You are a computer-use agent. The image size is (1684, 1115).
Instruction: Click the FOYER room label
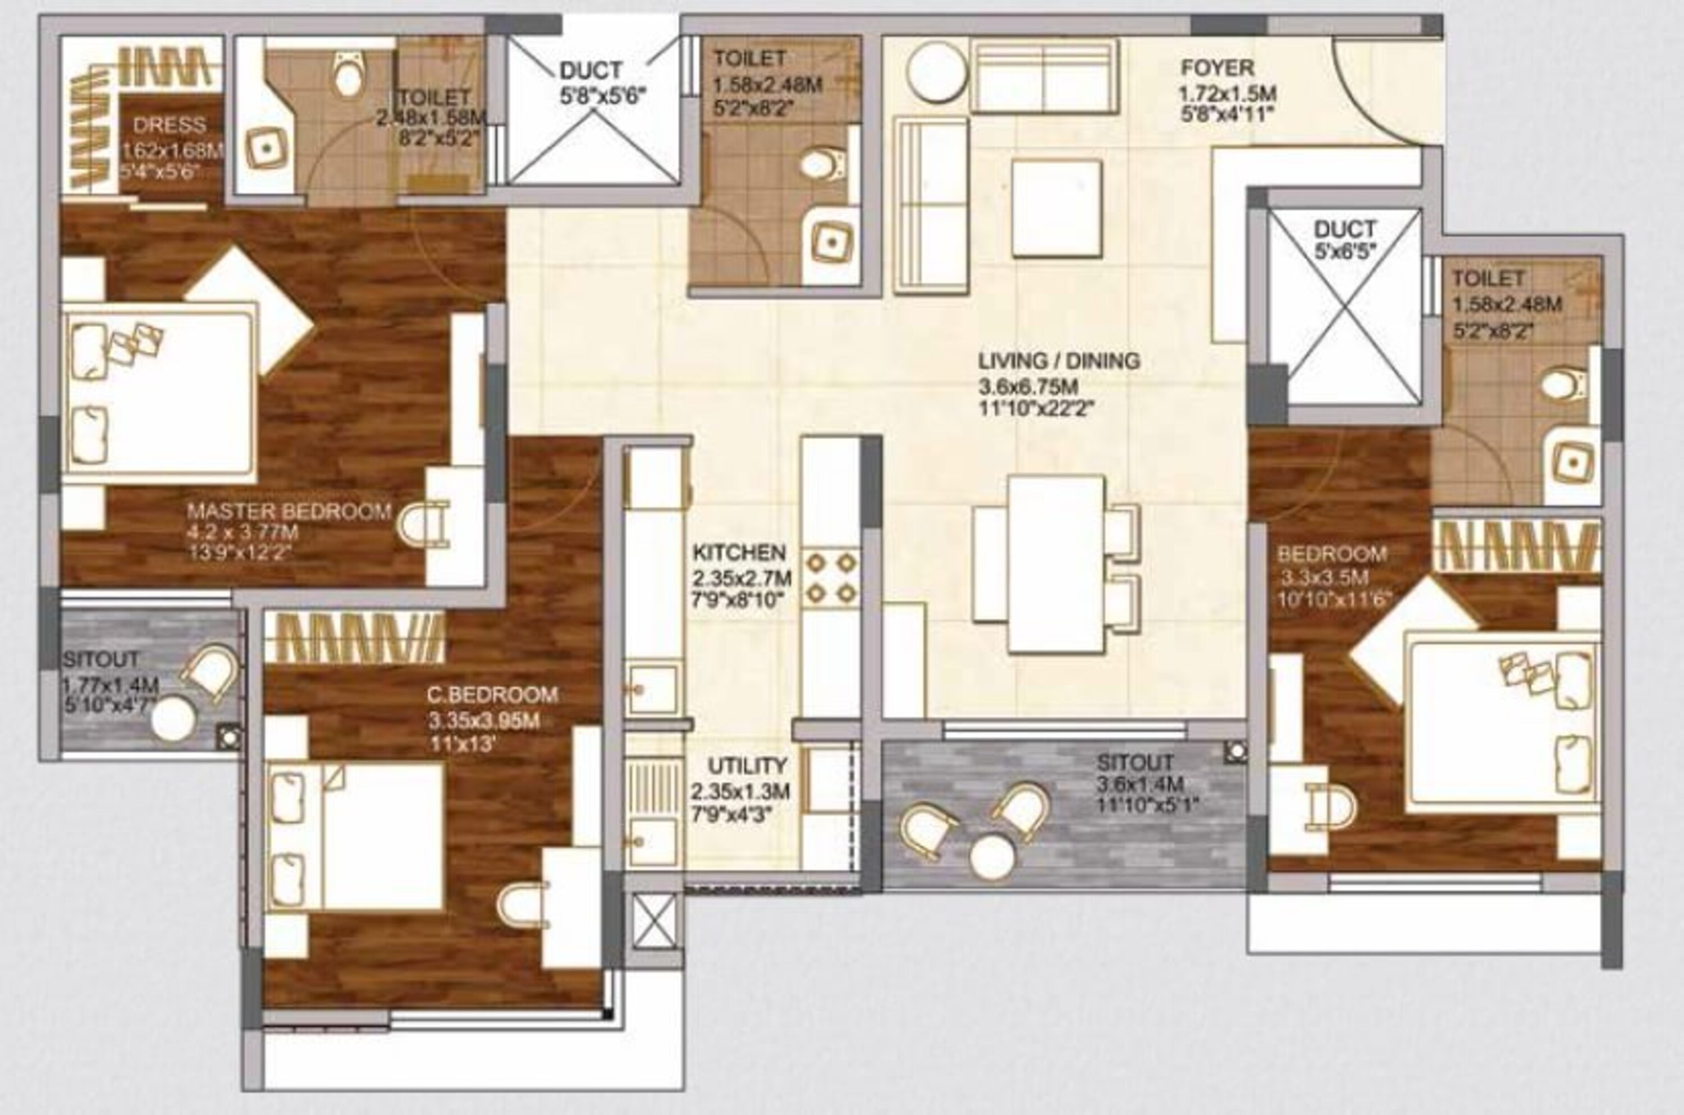click(1218, 69)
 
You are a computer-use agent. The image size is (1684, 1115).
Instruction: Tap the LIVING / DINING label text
click(1059, 361)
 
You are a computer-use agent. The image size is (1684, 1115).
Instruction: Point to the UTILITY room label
click(748, 766)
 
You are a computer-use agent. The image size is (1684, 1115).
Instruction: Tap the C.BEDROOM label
click(492, 694)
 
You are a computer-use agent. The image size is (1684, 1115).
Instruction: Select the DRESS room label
click(170, 126)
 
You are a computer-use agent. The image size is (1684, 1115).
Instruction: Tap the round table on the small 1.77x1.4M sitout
click(173, 721)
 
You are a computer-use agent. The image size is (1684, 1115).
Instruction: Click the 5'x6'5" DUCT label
click(1345, 230)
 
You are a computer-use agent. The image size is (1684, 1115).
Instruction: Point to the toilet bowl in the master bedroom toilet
click(347, 77)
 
